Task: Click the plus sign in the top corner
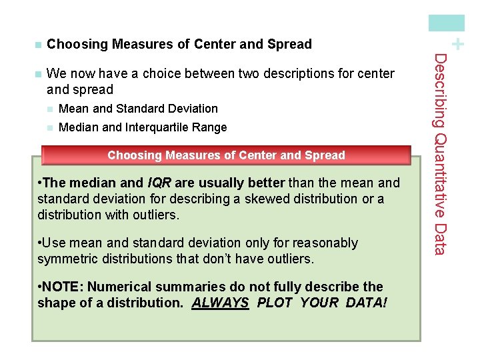(457, 44)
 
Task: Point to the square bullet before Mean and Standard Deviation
(49, 109)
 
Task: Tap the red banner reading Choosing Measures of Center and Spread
(226, 155)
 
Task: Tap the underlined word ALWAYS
(221, 303)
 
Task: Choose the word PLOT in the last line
(275, 303)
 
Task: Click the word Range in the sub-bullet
(210, 127)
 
